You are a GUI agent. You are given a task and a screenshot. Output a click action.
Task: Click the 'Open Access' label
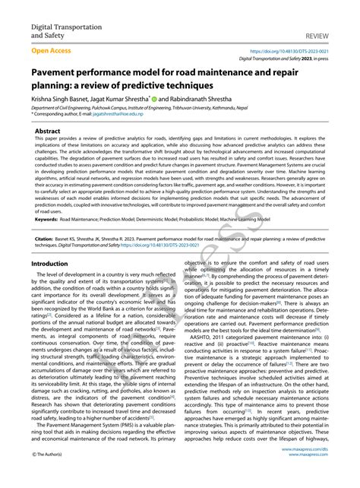tap(52, 51)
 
